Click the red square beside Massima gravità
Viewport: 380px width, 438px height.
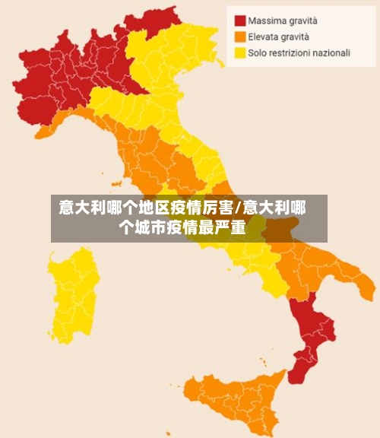tap(240, 21)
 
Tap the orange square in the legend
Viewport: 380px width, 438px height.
tap(240, 36)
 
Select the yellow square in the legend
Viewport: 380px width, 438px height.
tap(240, 52)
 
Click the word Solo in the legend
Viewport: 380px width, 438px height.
tap(258, 52)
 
